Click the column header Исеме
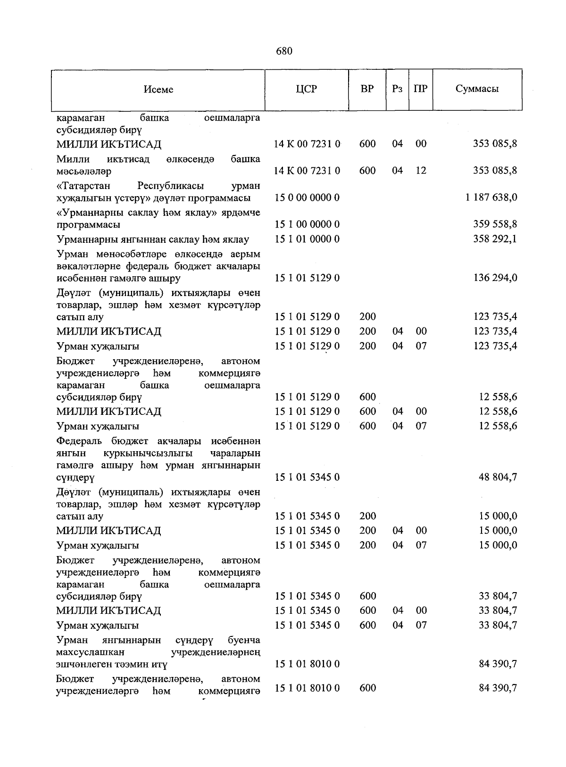coord(158,90)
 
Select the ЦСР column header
coord(307,89)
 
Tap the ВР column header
coord(367,89)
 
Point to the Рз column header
coord(397,89)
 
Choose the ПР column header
coord(420,89)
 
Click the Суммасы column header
coord(477,89)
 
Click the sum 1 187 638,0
coord(491,198)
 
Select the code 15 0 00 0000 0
coord(307,198)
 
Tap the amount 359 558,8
coord(495,224)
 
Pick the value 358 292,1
coord(495,239)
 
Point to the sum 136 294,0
coord(495,278)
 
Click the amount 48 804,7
coord(498,477)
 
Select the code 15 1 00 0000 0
coord(307,224)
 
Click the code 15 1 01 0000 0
coord(307,239)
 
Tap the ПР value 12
coord(421,171)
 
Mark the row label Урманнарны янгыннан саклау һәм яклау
coord(152,239)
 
